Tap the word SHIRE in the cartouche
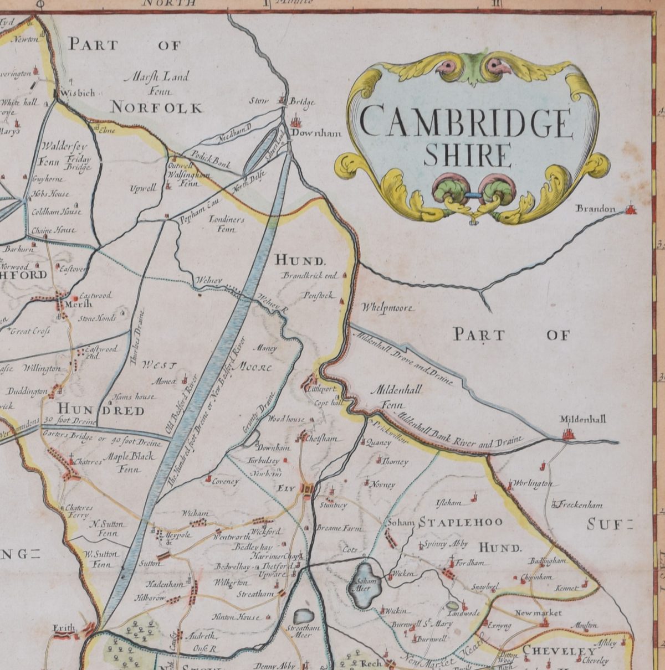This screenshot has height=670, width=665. point(467,155)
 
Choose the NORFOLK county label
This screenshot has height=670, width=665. point(156,107)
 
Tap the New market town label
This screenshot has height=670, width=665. point(538,613)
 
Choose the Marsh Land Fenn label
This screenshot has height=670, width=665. point(152,83)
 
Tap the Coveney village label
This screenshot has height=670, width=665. point(226,481)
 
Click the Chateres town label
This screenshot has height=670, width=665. point(88,461)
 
